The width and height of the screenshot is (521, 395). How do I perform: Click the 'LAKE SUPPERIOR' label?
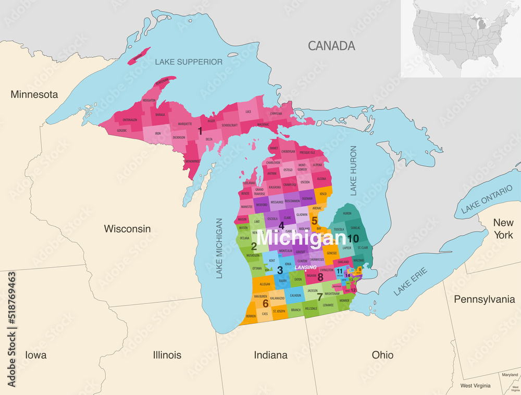pyautogui.click(x=189, y=62)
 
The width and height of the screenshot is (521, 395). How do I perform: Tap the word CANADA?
pyautogui.click(x=331, y=46)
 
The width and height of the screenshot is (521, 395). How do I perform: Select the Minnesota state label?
pyautogui.click(x=34, y=94)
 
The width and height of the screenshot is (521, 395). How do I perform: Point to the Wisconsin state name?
pyautogui.click(x=127, y=229)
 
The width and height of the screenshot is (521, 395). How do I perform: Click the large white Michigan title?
pyautogui.click(x=301, y=238)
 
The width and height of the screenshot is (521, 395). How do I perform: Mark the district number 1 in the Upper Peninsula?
pyautogui.click(x=200, y=131)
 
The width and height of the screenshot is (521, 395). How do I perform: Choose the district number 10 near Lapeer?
pyautogui.click(x=353, y=238)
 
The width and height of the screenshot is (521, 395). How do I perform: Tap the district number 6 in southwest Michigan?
pyautogui.click(x=265, y=303)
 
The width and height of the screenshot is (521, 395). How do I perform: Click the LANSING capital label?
pyautogui.click(x=306, y=267)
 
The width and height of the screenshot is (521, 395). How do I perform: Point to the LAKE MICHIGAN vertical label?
pyautogui.click(x=219, y=248)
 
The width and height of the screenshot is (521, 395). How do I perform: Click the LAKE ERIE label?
pyautogui.click(x=410, y=281)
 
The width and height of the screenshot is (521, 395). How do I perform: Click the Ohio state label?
pyautogui.click(x=382, y=355)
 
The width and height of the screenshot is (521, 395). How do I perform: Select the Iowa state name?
pyautogui.click(x=35, y=355)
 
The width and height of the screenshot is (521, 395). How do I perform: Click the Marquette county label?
pyautogui.click(x=181, y=124)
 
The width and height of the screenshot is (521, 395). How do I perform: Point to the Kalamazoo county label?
pyautogui.click(x=277, y=298)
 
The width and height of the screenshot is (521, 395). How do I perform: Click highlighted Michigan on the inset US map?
pyautogui.click(x=482, y=24)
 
